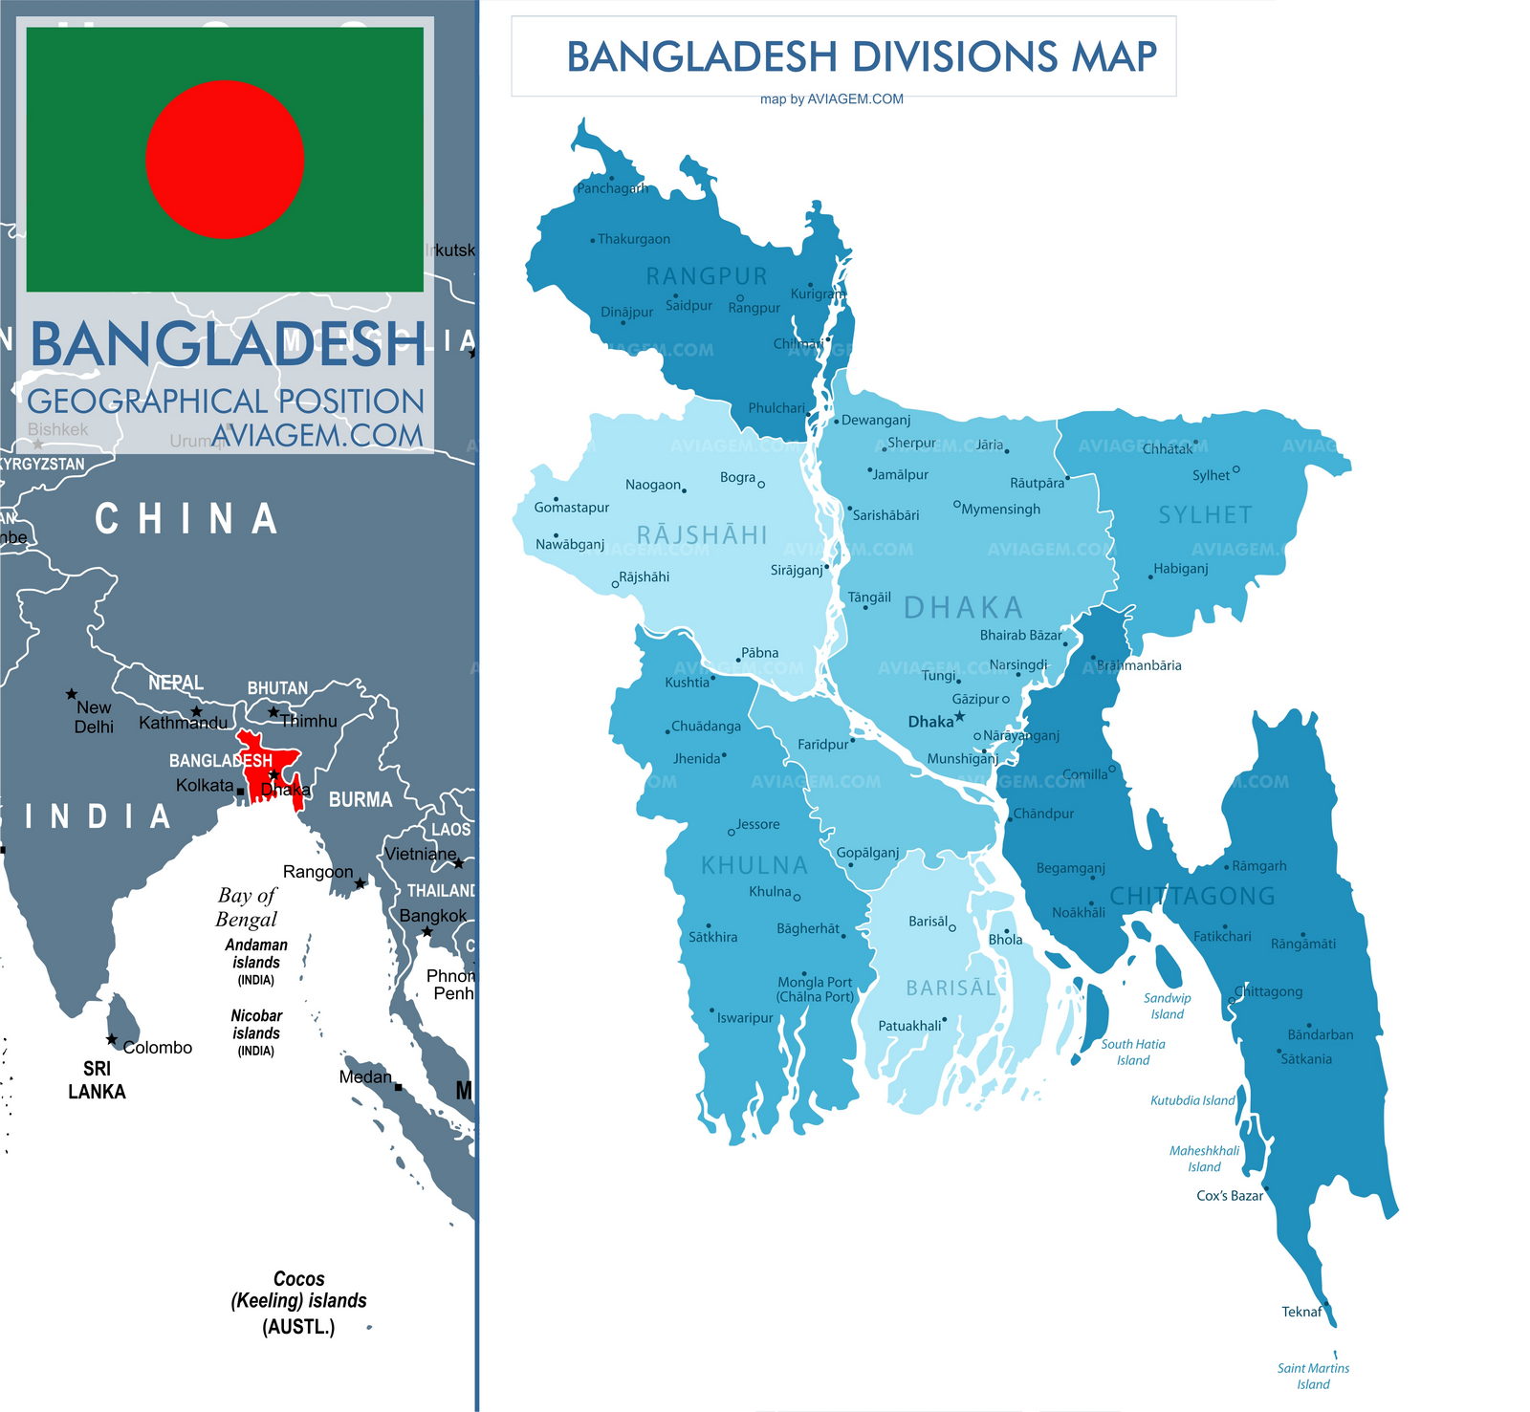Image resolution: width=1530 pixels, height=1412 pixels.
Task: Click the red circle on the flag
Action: (225, 159)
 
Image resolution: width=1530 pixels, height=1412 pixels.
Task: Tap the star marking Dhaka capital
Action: (959, 716)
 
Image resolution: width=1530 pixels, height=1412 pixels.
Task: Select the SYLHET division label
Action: (1205, 515)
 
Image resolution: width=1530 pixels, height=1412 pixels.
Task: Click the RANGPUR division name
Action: (707, 276)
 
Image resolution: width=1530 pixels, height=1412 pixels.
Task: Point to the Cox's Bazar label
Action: (1229, 1196)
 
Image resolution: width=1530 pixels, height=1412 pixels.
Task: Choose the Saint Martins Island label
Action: (1313, 1376)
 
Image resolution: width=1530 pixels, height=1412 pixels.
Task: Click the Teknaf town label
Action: (1300, 1312)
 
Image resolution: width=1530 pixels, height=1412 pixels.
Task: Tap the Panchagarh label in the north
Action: (612, 188)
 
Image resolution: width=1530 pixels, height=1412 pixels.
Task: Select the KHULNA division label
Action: (754, 865)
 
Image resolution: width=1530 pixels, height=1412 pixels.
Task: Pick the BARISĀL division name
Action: (951, 988)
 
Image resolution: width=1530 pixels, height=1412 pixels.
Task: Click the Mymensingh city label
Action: (1000, 509)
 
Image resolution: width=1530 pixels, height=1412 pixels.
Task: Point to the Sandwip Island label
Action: (1167, 1006)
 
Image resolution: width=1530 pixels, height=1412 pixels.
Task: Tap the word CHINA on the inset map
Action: (186, 519)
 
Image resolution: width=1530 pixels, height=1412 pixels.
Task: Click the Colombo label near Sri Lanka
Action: (157, 1048)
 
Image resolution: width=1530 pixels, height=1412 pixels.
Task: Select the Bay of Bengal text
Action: (247, 907)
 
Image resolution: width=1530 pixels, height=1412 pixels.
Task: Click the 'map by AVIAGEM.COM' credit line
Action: (831, 98)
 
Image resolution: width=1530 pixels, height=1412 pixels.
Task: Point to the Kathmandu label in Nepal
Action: (183, 723)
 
